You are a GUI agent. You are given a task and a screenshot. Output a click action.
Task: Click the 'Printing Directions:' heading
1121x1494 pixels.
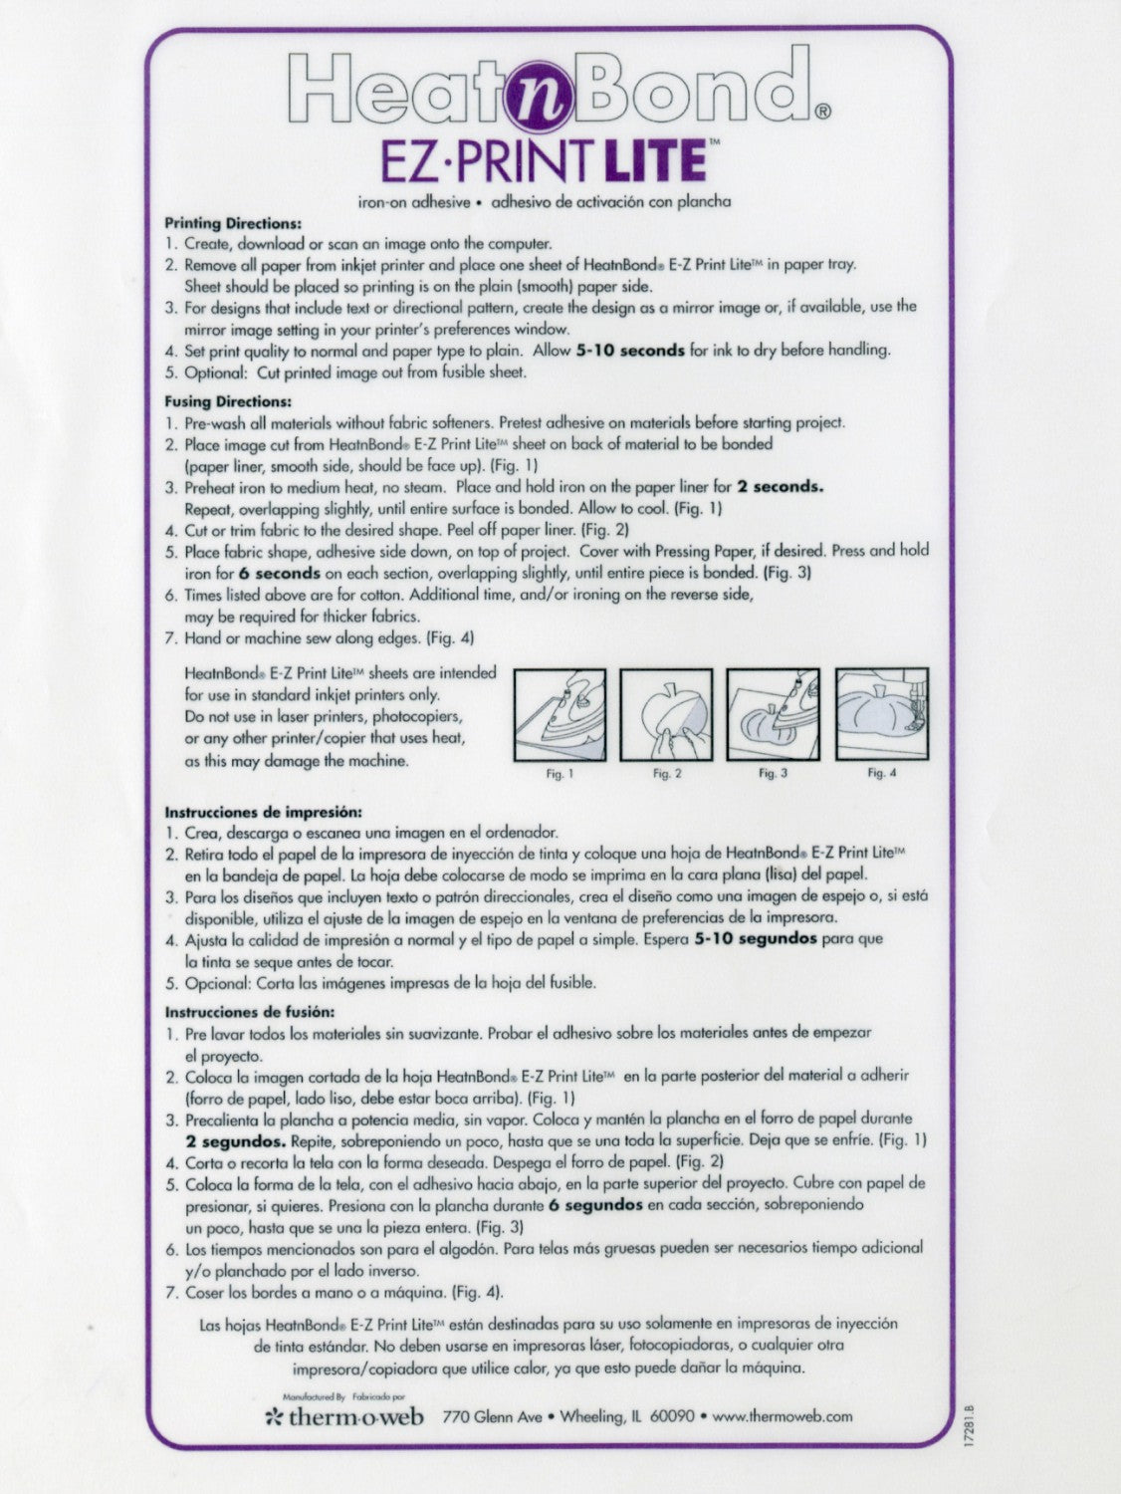[x=233, y=224]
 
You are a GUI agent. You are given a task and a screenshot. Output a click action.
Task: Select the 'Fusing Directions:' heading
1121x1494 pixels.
[x=228, y=402]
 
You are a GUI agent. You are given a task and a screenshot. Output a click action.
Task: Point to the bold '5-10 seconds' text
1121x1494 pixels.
[x=630, y=351]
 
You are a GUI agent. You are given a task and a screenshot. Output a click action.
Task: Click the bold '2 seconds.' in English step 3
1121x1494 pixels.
[x=780, y=487]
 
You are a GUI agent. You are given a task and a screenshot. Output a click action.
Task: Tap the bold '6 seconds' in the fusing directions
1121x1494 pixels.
[x=280, y=574]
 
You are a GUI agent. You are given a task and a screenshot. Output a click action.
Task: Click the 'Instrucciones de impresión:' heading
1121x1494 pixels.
[x=263, y=812]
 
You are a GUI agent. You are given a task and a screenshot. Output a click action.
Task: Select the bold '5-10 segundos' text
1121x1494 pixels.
[x=756, y=938]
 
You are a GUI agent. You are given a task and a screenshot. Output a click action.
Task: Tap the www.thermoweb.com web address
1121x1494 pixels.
[x=783, y=1416]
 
